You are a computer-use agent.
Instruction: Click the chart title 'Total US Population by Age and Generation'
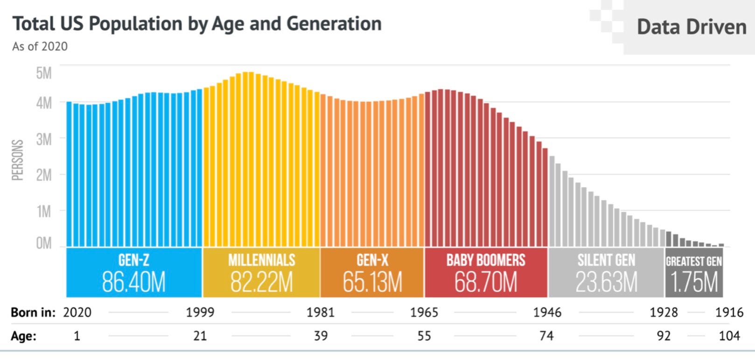196,24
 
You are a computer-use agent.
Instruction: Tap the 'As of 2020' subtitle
40,47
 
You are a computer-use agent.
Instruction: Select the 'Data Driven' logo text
691,27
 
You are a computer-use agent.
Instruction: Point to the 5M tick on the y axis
44,73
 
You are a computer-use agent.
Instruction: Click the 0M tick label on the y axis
44,243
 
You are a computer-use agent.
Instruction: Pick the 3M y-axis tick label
44,139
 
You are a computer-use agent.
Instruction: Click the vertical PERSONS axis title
17,160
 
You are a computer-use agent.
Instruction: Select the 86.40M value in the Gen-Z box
133,282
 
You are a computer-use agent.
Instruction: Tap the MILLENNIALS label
261,260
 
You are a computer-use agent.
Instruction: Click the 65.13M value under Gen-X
372,282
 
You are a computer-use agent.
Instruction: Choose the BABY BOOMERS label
485,260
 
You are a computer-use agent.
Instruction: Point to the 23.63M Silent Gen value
606,282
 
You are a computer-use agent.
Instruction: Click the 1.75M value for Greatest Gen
694,282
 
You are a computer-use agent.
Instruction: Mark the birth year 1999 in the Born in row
200,312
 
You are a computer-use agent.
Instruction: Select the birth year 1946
547,312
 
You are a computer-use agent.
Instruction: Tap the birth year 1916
729,312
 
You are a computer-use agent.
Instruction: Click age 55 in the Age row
424,336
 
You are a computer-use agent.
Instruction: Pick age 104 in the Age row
729,336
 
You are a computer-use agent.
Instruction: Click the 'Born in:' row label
33,312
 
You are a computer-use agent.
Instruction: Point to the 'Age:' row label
24,336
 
